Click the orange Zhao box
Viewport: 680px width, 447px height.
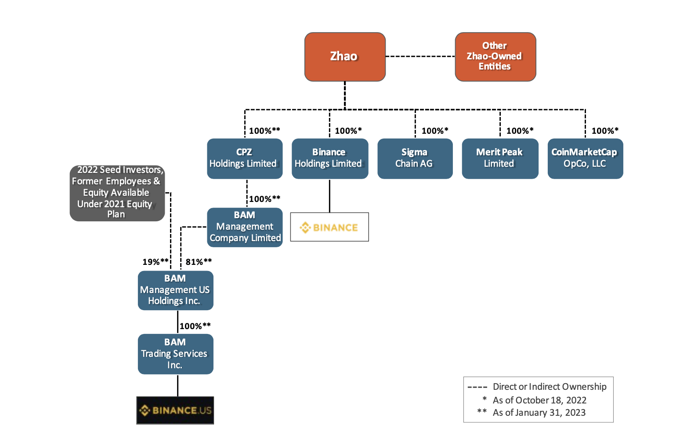click(345, 57)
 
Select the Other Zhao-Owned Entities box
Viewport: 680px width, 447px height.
click(495, 57)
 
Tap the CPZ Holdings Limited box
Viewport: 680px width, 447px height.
click(245, 158)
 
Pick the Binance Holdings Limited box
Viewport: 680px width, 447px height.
click(329, 158)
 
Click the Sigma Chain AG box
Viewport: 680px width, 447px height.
click(415, 158)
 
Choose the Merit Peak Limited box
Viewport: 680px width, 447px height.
click(500, 158)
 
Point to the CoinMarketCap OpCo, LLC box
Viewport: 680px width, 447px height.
click(585, 158)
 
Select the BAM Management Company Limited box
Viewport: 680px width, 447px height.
click(245, 227)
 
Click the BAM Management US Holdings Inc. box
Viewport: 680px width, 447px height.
click(175, 290)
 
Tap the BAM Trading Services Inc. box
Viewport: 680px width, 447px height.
click(175, 354)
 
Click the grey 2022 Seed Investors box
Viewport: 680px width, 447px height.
click(117, 193)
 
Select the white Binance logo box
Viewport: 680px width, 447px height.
click(329, 227)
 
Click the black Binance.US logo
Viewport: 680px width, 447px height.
click(175, 410)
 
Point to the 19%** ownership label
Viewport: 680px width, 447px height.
click(155, 262)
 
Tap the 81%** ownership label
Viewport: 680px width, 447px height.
click(199, 262)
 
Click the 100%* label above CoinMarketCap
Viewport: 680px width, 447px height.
click(605, 131)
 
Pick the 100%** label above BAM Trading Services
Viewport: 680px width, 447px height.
click(195, 326)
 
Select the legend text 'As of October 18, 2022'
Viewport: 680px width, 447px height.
click(539, 400)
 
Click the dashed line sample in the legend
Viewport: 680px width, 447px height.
click(477, 387)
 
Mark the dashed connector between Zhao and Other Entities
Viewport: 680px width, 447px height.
click(420, 56)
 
